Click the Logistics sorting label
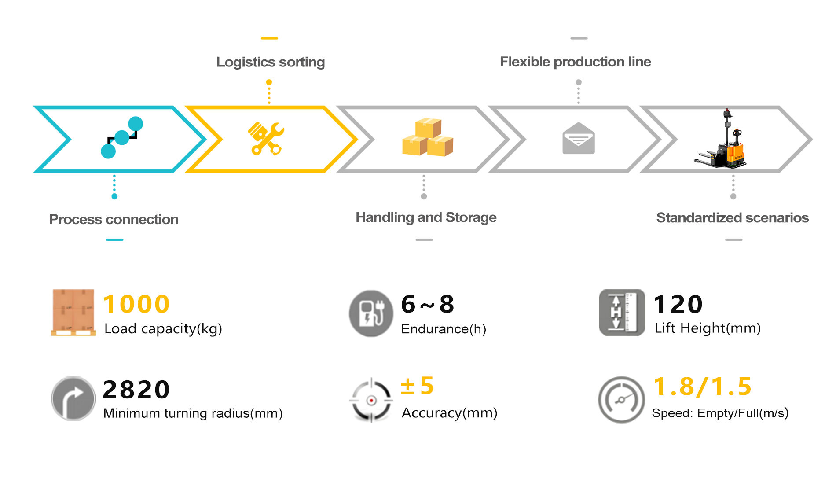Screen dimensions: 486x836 [270, 62]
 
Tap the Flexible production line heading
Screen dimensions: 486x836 [575, 62]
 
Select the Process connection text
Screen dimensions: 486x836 [114, 219]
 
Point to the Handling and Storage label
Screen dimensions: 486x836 [425, 217]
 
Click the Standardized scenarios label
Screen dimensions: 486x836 [732, 218]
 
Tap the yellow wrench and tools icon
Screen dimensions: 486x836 [266, 139]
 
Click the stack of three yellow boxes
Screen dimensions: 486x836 [427, 137]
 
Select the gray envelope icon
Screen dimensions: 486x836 [578, 139]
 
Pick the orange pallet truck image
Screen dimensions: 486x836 [722, 140]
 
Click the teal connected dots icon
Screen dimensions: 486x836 [122, 137]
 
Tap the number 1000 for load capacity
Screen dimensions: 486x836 [136, 304]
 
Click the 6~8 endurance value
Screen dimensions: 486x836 [427, 304]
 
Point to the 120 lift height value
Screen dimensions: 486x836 [678, 304]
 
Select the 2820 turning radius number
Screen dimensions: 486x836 [136, 390]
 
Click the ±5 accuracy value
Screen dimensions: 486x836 [417, 386]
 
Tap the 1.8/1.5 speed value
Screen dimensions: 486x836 [702, 387]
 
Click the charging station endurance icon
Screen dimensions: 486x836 [370, 313]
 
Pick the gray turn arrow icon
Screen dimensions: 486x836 [73, 399]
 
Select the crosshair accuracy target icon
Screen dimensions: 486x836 [371, 400]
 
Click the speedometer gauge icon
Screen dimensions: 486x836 [621, 400]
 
